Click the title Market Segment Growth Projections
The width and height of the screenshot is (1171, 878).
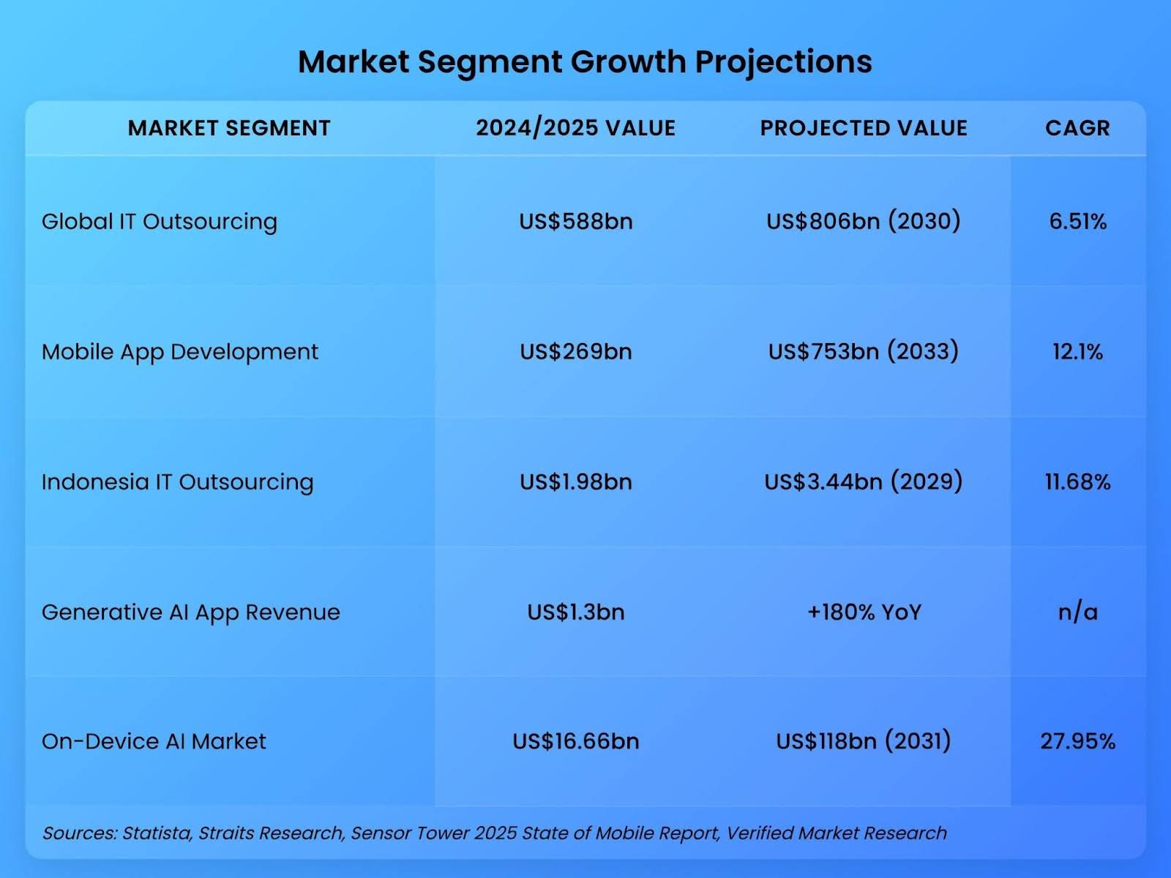pyautogui.click(x=585, y=61)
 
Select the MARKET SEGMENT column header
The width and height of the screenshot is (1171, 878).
pyautogui.click(x=229, y=128)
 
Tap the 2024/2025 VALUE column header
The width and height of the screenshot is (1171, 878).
pyautogui.click(x=575, y=128)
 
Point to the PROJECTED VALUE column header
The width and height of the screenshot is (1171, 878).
pyautogui.click(x=864, y=128)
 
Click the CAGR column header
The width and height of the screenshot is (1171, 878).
pyautogui.click(x=1077, y=128)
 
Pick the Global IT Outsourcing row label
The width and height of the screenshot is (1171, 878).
pyautogui.click(x=160, y=221)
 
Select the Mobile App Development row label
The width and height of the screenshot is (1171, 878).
pyautogui.click(x=180, y=352)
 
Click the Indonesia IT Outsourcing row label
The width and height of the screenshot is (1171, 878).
pyautogui.click(x=178, y=481)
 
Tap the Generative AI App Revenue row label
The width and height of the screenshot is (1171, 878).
pyautogui.click(x=191, y=612)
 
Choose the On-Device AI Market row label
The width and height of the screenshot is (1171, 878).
pyautogui.click(x=154, y=741)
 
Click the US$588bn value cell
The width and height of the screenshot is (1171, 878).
pyautogui.click(x=576, y=221)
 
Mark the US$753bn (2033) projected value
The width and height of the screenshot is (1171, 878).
pyautogui.click(x=864, y=351)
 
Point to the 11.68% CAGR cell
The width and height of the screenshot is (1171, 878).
pyautogui.click(x=1077, y=481)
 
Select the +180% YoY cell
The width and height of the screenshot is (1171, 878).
pyautogui.click(x=864, y=612)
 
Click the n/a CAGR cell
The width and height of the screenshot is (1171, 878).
pyautogui.click(x=1077, y=612)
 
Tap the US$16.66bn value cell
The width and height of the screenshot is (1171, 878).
pyautogui.click(x=576, y=741)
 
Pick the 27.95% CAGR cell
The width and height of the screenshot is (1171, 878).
pyautogui.click(x=1077, y=741)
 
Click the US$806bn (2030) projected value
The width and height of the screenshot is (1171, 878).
pyautogui.click(x=864, y=221)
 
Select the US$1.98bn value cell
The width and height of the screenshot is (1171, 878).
pyautogui.click(x=576, y=481)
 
